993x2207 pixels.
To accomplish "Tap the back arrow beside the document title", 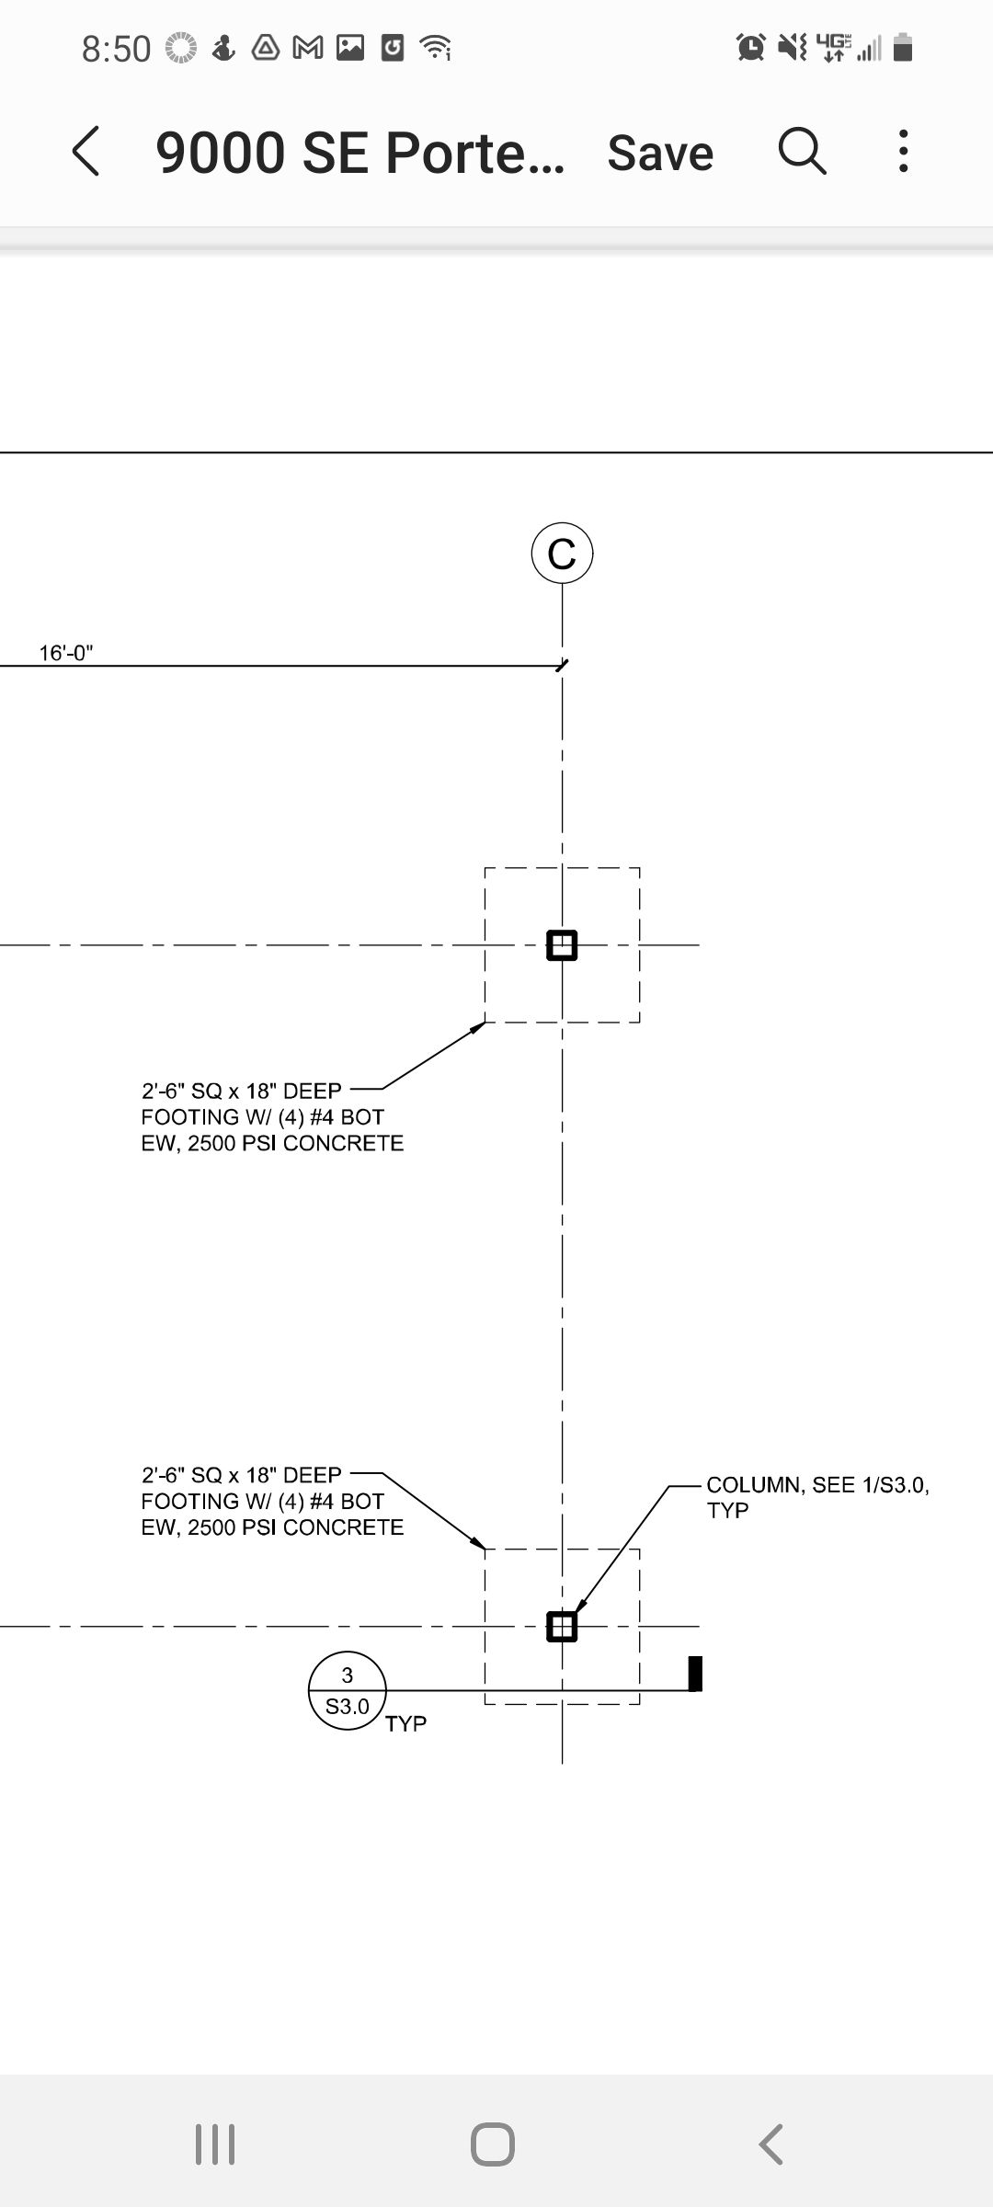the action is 86,151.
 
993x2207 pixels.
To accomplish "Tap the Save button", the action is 660,153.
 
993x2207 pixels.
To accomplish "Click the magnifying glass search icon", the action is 803,151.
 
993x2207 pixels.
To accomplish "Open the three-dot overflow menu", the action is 904,151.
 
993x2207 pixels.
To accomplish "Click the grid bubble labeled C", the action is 562,554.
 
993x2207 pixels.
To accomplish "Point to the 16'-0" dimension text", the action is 66,653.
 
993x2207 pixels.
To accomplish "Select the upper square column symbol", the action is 562,945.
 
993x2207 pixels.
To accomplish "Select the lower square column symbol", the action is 562,1627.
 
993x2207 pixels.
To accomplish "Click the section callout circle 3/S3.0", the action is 347,1692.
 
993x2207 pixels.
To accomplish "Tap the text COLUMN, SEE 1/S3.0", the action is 817,1485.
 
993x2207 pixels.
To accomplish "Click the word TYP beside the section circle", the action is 405,1723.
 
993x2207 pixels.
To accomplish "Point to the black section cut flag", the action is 695,1674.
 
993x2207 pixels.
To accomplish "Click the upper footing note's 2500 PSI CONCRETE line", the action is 295,1143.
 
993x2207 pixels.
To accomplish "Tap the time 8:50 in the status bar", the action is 116,49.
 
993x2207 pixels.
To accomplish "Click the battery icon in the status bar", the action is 903,47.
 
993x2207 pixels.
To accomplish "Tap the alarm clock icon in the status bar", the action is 751,47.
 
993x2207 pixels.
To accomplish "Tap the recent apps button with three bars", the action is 215,2144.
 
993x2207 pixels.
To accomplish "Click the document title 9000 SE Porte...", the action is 360,153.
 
